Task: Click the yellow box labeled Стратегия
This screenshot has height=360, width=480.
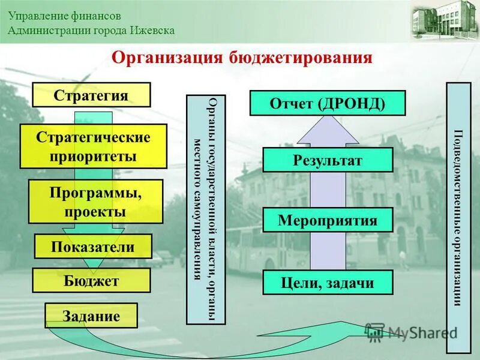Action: point(91,95)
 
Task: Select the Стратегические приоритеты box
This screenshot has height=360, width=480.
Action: point(93,146)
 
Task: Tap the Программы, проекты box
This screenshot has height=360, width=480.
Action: point(96,201)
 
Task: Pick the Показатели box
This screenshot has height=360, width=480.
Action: point(93,247)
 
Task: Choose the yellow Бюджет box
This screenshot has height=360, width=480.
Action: point(91,280)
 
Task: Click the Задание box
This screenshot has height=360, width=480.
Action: point(91,316)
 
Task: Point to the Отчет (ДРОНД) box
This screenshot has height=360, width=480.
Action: point(328,103)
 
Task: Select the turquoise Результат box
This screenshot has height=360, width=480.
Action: point(328,160)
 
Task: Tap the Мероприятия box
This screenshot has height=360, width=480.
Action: point(328,220)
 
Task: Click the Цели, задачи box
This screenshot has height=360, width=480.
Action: point(328,283)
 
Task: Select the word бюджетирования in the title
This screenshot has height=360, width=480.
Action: point(301,58)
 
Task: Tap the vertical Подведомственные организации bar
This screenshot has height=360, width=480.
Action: point(459,218)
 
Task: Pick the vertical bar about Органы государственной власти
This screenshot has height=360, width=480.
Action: point(206,209)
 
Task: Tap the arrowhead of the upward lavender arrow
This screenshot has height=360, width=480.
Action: point(328,129)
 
